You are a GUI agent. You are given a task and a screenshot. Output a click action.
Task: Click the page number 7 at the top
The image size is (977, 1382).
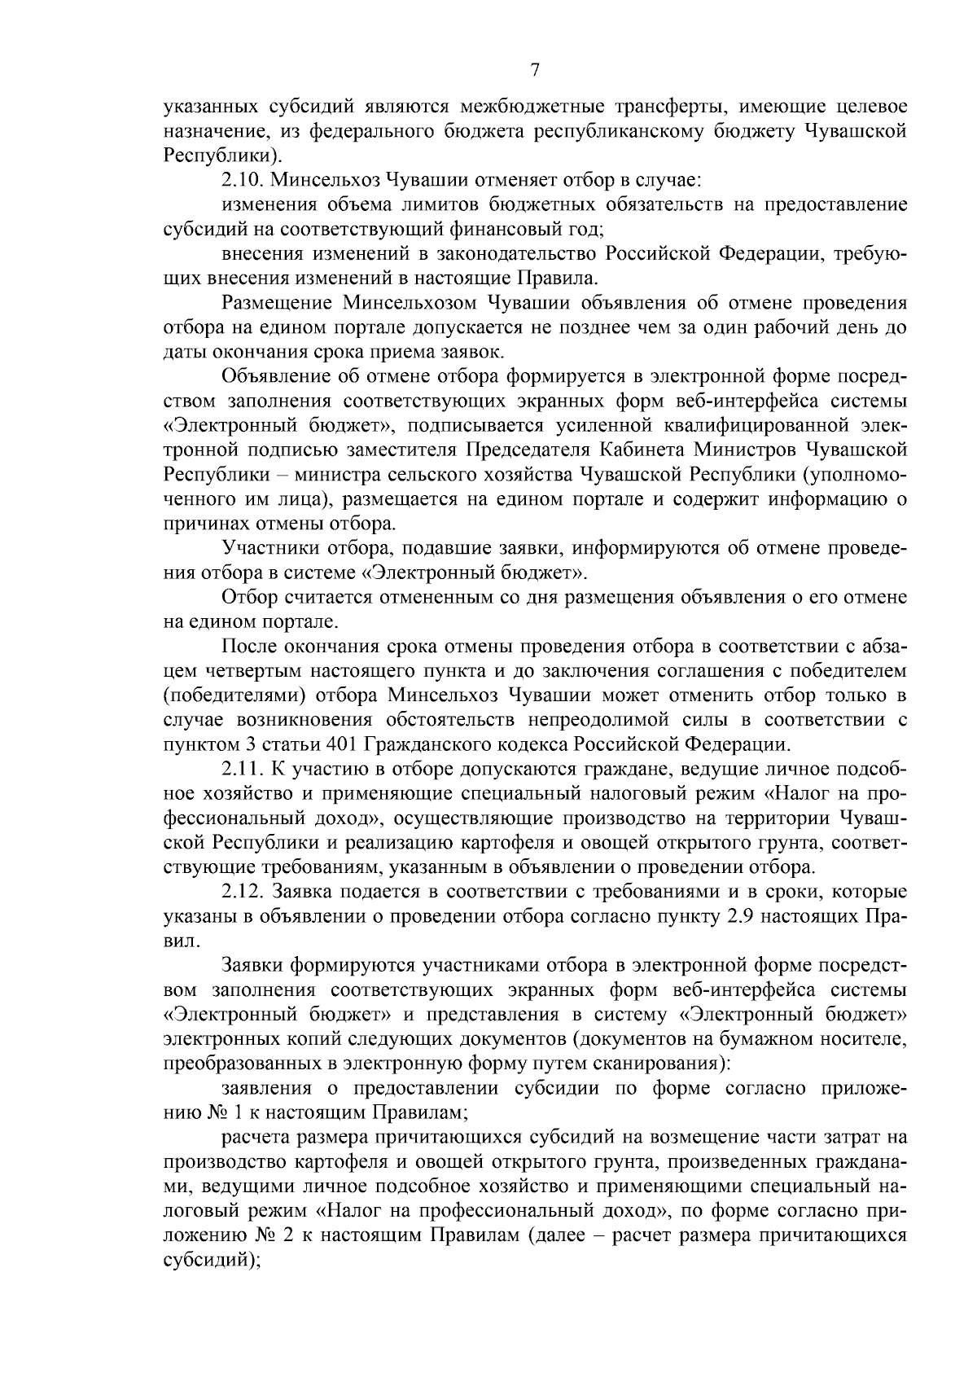click(x=535, y=70)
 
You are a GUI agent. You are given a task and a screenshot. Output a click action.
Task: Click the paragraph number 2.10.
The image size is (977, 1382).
click(x=241, y=179)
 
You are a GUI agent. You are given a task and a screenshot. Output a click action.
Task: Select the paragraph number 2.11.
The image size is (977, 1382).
click(x=241, y=769)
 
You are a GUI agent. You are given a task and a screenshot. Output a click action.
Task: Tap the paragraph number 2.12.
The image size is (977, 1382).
click(x=241, y=892)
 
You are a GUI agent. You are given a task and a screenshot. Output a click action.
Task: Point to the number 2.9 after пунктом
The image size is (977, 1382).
click(x=738, y=916)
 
